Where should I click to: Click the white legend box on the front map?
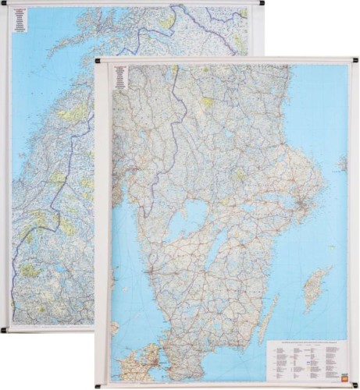click(x=305, y=359)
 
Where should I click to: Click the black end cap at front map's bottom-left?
click(x=97, y=385)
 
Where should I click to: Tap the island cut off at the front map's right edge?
click(x=343, y=164)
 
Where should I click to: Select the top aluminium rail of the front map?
click(x=226, y=60)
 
